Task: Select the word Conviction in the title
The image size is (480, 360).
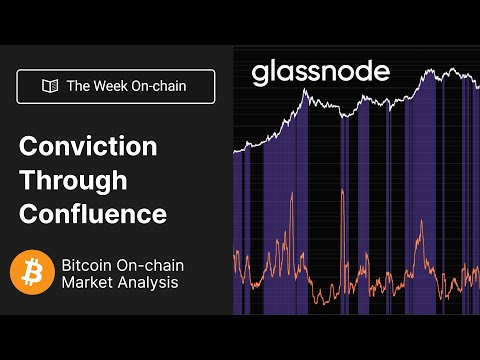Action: (89, 146)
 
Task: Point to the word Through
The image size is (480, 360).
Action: (73, 180)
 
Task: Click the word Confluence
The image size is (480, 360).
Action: (93, 214)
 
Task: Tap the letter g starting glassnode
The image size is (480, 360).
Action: (259, 75)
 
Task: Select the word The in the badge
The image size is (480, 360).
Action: (79, 87)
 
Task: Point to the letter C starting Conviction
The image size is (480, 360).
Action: (28, 146)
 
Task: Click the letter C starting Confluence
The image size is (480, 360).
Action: (28, 214)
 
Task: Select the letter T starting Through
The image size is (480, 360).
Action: (27, 180)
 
